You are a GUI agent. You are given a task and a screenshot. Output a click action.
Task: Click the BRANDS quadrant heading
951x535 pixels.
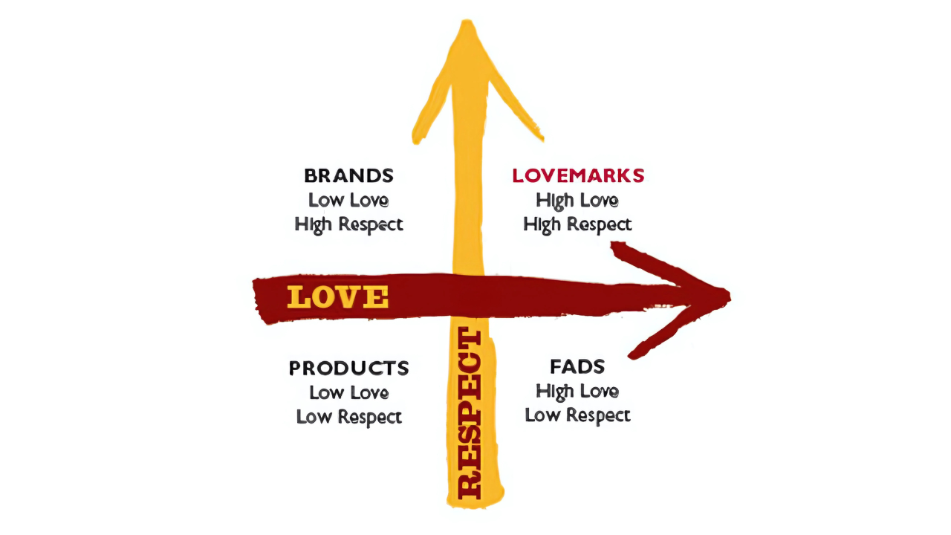348,176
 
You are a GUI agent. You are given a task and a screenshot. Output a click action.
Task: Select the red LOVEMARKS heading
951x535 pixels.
578,176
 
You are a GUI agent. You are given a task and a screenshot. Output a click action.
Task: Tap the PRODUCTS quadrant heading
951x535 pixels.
348,368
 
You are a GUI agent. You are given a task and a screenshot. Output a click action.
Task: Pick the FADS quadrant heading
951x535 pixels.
577,366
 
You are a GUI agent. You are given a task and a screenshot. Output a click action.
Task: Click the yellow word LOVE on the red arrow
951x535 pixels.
338,297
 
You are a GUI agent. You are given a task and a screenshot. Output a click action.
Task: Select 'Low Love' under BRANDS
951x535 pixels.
348,200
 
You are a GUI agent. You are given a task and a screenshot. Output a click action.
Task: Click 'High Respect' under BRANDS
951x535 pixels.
348,224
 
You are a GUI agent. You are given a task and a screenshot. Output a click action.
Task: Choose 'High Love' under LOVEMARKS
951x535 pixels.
577,200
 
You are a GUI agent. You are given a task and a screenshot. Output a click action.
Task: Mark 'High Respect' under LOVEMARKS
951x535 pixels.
577,224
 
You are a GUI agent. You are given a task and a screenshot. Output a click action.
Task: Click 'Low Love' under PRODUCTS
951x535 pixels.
348,392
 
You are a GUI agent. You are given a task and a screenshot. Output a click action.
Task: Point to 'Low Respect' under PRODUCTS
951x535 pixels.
348,417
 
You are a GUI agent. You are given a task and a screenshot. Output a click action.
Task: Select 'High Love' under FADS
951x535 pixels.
577,391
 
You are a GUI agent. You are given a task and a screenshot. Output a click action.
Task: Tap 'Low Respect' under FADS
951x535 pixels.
577,415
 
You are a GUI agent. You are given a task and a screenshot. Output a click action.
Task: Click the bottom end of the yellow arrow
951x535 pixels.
475,504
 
